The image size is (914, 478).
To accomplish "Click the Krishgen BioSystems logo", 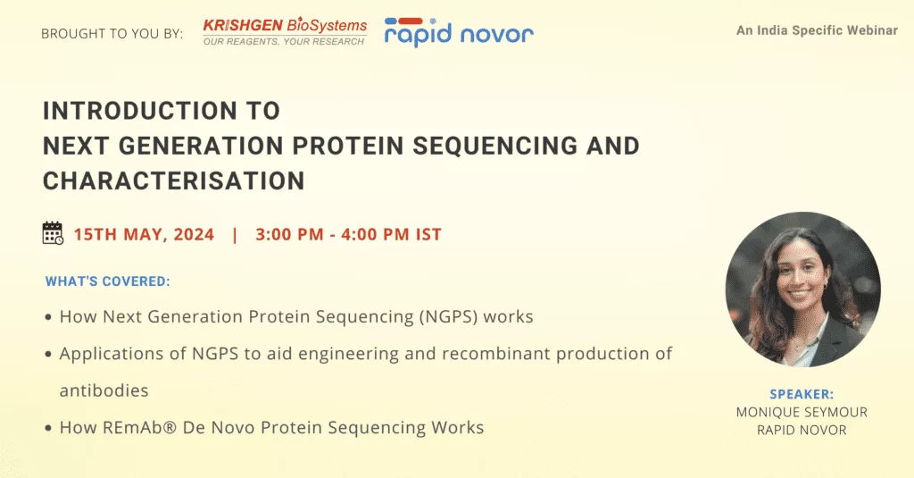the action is [285, 31].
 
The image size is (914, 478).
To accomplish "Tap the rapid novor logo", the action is [459, 32].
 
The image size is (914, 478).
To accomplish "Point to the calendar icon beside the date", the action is [53, 233].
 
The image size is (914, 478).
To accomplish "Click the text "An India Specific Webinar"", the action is [817, 30].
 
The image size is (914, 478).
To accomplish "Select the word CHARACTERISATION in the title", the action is [174, 181].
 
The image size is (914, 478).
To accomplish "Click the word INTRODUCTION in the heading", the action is [140, 111].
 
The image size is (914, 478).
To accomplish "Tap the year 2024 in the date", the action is [194, 234].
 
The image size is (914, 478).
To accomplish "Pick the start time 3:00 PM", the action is [289, 234].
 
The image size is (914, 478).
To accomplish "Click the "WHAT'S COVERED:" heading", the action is [108, 281].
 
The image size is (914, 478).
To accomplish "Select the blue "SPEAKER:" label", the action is [802, 395].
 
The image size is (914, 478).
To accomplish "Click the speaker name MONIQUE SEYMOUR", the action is [802, 412].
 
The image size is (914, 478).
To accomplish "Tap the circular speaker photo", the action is [802, 289].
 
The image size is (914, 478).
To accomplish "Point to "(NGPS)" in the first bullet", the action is [448, 317].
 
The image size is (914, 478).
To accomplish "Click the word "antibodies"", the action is [104, 390].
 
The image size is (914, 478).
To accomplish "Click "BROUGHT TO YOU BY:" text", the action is [112, 34].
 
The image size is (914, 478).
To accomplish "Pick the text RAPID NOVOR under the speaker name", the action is [802, 430].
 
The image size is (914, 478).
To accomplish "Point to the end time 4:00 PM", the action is [375, 234].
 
